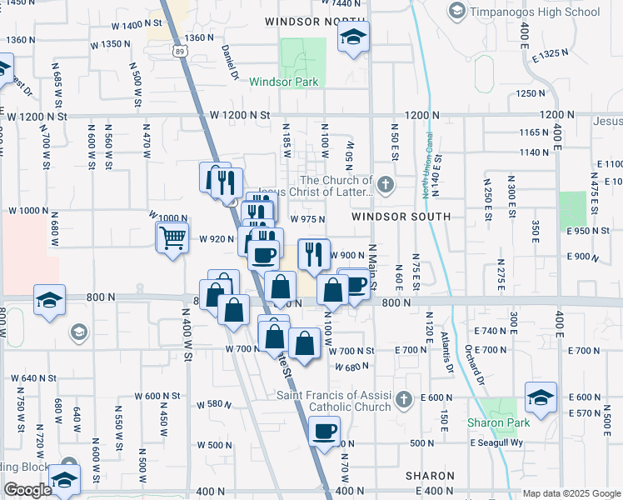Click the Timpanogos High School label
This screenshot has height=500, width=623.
click(534, 12)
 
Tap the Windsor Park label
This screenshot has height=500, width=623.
click(284, 82)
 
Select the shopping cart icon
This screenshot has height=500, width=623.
click(172, 238)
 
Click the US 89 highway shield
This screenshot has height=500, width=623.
click(182, 52)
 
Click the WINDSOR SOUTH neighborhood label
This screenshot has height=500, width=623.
click(401, 217)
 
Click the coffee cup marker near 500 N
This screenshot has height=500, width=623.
click(324, 432)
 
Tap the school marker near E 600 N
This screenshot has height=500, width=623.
click(541, 397)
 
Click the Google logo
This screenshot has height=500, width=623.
click(27, 490)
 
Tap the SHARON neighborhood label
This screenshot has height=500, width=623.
click(430, 476)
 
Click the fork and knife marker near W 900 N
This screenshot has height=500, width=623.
click(314, 254)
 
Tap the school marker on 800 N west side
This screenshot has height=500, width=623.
click(49, 300)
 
